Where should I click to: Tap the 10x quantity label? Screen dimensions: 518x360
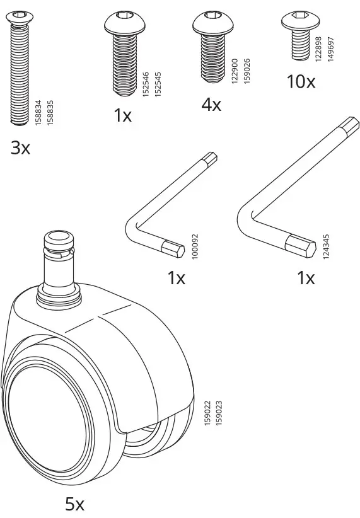[300, 81]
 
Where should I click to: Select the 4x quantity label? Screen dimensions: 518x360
[211, 105]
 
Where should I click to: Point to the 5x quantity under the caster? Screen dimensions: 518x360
[74, 504]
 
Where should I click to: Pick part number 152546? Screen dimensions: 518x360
[146, 83]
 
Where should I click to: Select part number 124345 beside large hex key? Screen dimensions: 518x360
[325, 247]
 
